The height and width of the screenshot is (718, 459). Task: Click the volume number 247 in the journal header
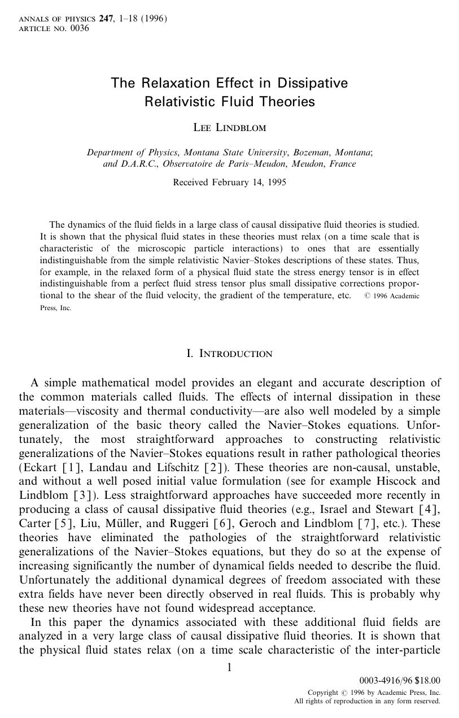pos(106,19)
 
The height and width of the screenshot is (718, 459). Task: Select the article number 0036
pos(80,28)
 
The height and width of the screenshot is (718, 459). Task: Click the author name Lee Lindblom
pos(229,128)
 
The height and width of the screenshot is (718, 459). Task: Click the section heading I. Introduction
pos(229,354)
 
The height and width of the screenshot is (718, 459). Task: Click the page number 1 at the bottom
pos(229,668)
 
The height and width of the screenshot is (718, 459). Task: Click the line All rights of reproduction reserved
pos(367,701)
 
